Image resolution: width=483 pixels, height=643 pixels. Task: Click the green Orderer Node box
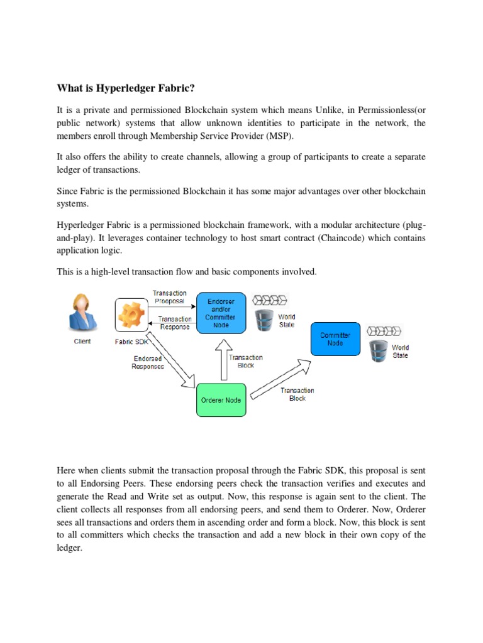point(220,399)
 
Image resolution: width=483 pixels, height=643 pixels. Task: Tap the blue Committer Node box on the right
point(335,339)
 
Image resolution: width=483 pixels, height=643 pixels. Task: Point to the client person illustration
point(82,312)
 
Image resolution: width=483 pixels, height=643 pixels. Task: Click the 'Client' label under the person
point(82,342)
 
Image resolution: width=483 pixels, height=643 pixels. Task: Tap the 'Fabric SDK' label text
point(131,342)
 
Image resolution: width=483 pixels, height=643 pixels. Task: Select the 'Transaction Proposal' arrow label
point(170,296)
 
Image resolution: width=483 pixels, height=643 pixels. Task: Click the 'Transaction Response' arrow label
point(175,323)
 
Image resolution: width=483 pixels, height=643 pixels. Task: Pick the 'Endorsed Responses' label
point(148,363)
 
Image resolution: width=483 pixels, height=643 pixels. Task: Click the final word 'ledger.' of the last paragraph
point(70,548)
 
